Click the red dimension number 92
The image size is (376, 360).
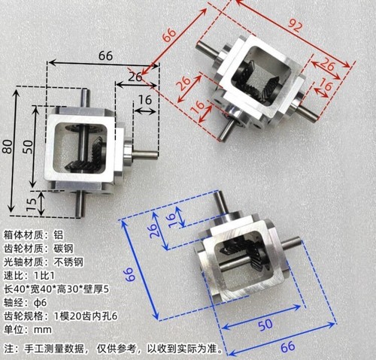(x=294, y=26)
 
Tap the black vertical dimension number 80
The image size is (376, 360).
(x=8, y=147)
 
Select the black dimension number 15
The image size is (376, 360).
(x=32, y=204)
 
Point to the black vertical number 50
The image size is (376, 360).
(x=29, y=147)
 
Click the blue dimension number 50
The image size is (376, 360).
(x=265, y=325)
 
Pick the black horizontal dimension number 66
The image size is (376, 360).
(x=105, y=56)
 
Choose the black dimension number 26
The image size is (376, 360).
(x=135, y=77)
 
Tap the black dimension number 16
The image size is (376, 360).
(x=145, y=100)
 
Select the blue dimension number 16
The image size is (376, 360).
(x=172, y=220)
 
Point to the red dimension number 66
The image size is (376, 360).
(x=169, y=35)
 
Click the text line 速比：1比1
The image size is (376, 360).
(x=29, y=276)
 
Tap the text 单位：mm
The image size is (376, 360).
(x=28, y=330)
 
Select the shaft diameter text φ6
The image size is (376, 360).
(x=40, y=303)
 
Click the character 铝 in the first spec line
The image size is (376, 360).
(x=58, y=235)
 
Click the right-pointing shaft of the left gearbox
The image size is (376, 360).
(x=145, y=154)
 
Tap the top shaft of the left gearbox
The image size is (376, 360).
(x=85, y=98)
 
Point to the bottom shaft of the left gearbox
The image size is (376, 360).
(x=80, y=204)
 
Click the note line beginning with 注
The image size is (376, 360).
(x=113, y=349)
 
